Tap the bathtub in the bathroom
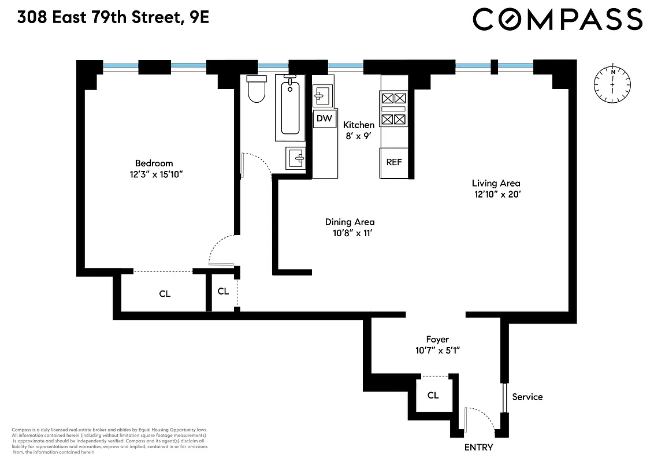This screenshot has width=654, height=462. pos(290,107)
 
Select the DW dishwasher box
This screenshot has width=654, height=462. pos(324,118)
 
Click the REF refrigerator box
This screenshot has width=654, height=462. pos(393,162)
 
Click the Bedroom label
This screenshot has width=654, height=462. pos(154,163)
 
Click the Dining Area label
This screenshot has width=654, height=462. pos(350,222)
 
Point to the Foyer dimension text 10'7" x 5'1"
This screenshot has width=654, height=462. pos(437,350)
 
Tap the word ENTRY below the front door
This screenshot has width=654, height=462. pos(478,448)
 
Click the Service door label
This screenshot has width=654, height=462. pos(527,397)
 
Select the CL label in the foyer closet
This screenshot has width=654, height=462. pos(433,396)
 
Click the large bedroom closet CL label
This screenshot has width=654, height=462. pos(165,294)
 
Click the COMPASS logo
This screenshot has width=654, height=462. pos(557,20)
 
